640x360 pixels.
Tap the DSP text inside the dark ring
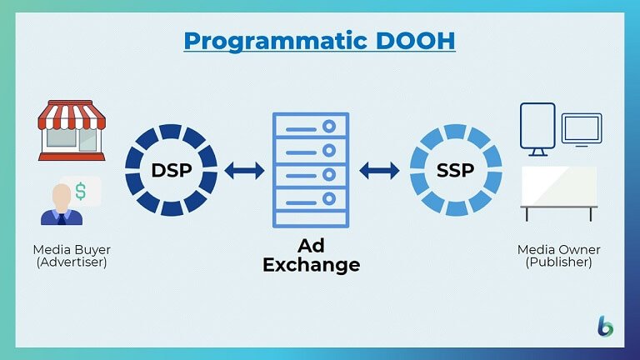coord(172,171)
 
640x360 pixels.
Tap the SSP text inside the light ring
coord(456,171)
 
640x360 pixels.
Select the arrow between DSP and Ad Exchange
coord(244,171)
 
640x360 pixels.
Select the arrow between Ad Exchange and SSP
coord(379,171)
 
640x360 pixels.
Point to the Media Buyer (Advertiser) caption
coord(71,256)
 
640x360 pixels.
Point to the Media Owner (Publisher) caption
coord(558,256)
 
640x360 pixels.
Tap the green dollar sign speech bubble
coord(82,191)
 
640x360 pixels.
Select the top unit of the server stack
coord(311,126)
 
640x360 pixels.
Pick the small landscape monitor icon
coord(582,128)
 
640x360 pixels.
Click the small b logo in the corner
coord(605,326)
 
